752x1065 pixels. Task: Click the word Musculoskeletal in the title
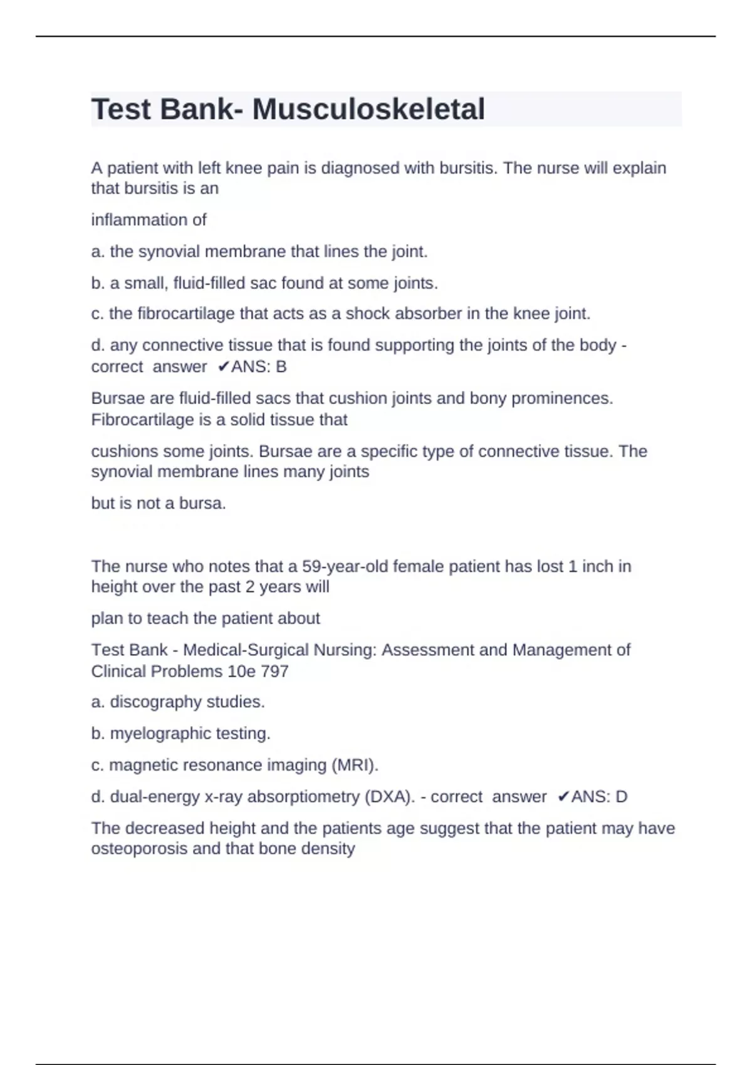pos(368,110)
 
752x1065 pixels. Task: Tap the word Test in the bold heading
pos(122,110)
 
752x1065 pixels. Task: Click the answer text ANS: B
pos(259,366)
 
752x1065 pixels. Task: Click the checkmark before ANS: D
pos(563,796)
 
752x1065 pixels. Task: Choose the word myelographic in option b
pos(160,733)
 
